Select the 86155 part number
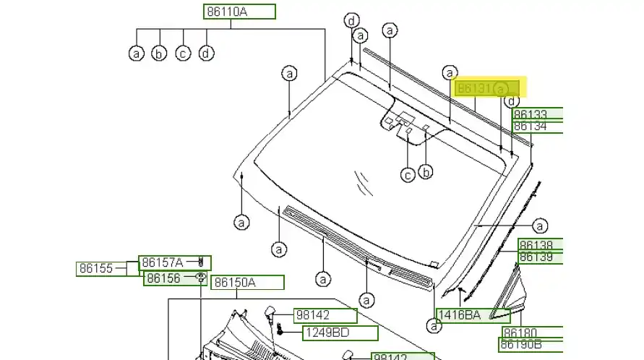96,269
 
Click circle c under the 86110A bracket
183,53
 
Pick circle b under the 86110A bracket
160,53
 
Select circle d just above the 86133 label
512,101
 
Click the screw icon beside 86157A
201,262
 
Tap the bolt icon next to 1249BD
279,332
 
